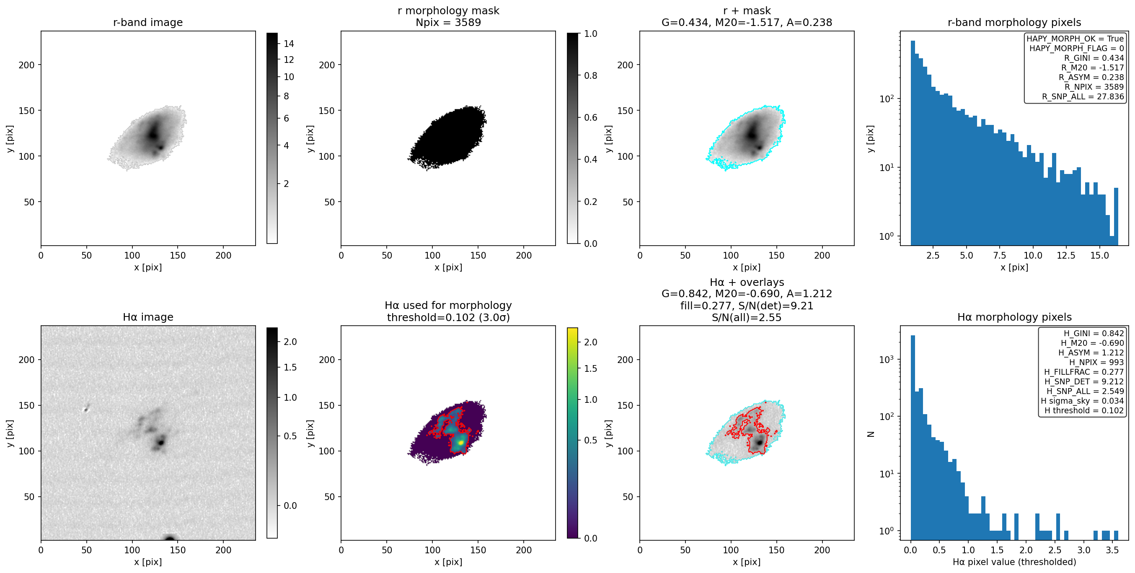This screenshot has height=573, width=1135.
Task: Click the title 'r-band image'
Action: pyautogui.click(x=147, y=23)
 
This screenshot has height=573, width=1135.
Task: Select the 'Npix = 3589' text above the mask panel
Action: pyautogui.click(x=448, y=23)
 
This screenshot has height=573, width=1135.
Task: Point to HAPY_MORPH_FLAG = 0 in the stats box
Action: pyautogui.click(x=1076, y=48)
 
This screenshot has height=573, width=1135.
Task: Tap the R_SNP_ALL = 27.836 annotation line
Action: pyautogui.click(x=1083, y=96)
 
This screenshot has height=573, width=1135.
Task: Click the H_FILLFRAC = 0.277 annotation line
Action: pyautogui.click(x=1084, y=372)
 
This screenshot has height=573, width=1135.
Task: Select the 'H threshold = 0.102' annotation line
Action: pyautogui.click(x=1084, y=410)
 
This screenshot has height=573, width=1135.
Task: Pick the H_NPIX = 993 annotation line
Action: pyautogui.click(x=1096, y=362)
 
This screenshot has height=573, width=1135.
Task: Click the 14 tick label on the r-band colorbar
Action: pyautogui.click(x=289, y=44)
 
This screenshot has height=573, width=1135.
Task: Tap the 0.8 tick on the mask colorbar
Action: pyautogui.click(x=590, y=76)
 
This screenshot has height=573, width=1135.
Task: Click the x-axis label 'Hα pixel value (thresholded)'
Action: pyautogui.click(x=1014, y=562)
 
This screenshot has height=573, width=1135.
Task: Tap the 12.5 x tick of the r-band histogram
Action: pyautogui.click(x=1066, y=256)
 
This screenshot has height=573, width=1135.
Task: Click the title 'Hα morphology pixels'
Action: pyautogui.click(x=1014, y=317)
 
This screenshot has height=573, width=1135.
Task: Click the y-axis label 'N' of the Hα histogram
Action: pyautogui.click(x=871, y=434)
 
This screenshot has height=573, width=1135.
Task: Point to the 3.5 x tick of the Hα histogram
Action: pyautogui.click(x=1112, y=550)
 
